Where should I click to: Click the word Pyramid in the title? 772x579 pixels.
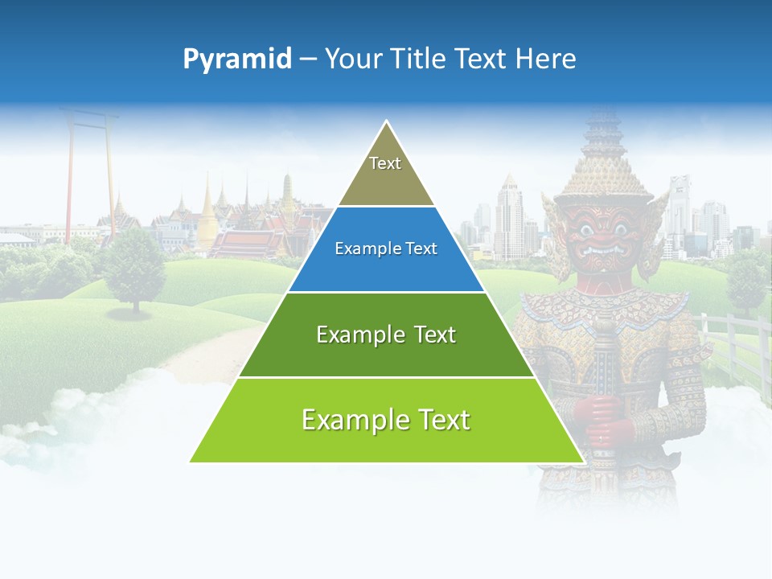236,59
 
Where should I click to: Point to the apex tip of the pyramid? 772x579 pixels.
387,123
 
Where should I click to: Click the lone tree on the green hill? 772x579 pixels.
134,265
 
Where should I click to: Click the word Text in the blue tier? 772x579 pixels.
421,248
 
